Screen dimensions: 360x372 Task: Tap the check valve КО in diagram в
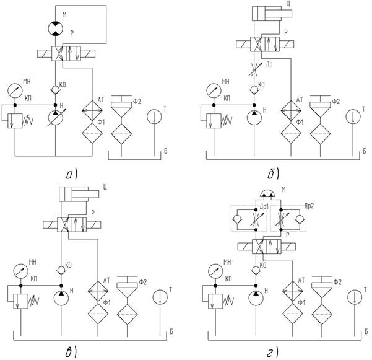point(61,271)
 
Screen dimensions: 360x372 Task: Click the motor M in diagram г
point(269,195)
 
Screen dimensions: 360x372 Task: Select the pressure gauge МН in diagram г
point(216,271)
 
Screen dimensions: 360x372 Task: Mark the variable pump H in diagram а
point(56,116)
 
